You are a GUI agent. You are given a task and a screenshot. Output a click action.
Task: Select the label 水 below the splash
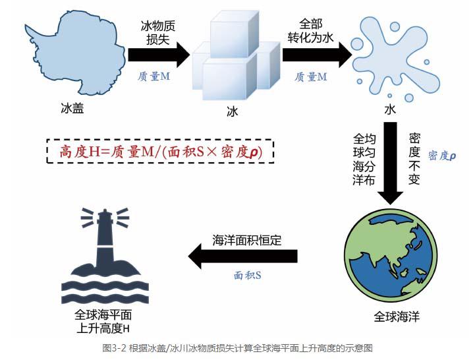(390, 109)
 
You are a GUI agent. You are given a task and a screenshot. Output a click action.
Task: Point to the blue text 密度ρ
(442, 156)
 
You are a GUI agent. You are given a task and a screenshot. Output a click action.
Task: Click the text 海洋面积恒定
(247, 240)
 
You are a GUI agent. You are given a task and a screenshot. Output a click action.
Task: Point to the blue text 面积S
(248, 274)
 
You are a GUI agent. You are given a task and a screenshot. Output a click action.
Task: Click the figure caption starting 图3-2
(237, 347)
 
